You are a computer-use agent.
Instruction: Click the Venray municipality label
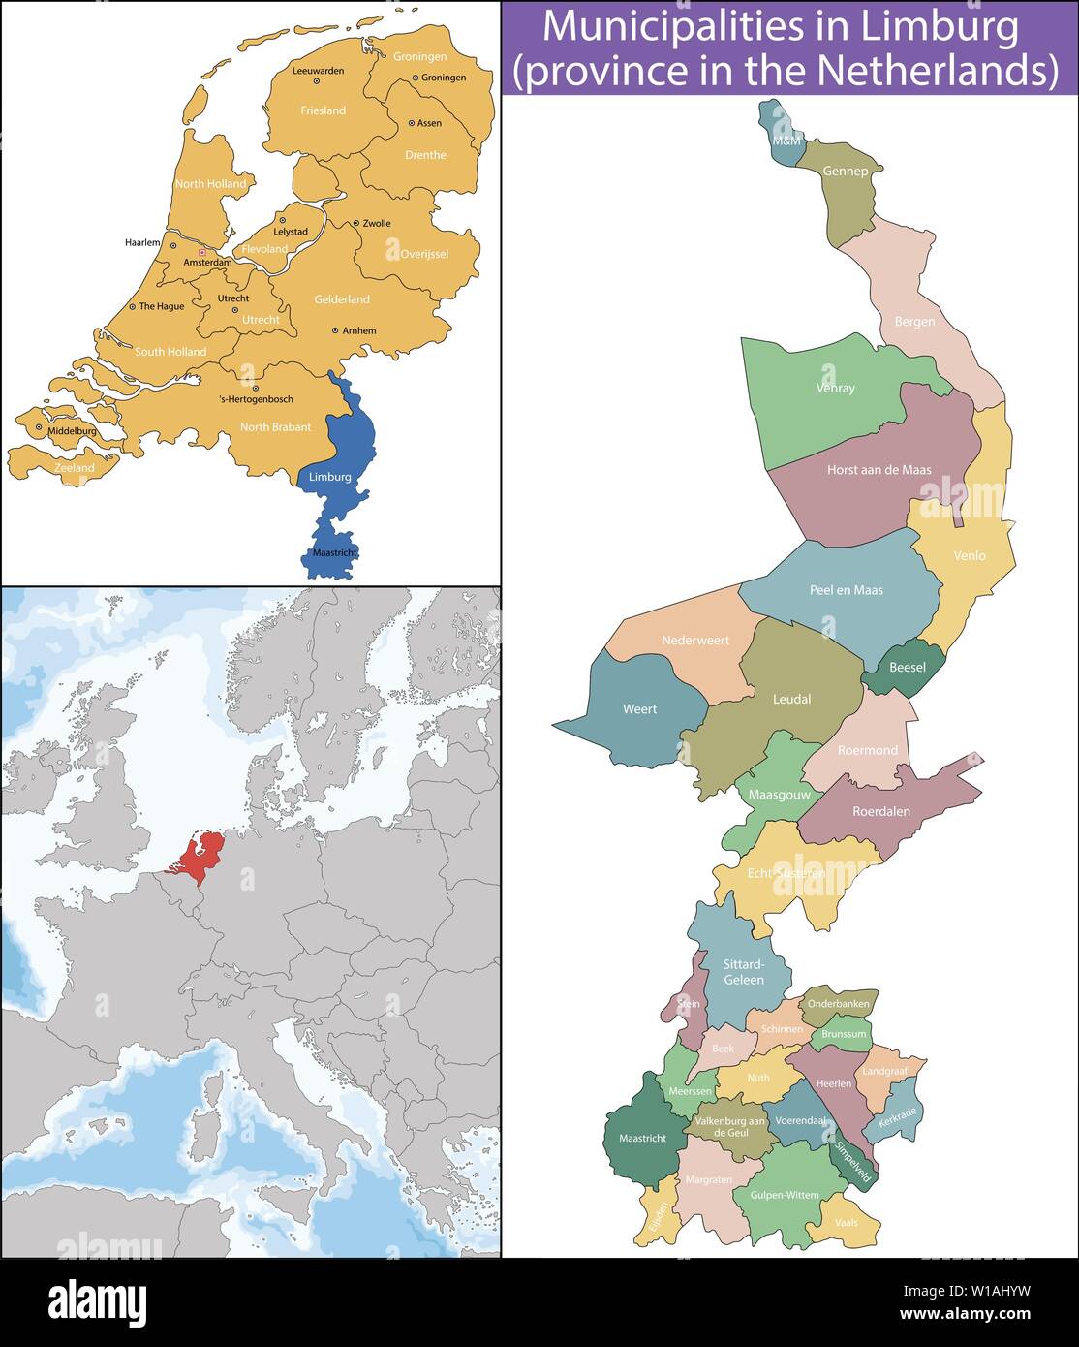[835, 389]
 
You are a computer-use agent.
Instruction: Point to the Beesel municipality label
[907, 668]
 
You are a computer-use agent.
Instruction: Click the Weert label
[639, 709]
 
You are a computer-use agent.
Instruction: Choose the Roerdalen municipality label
[880, 812]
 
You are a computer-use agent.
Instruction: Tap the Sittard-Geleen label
[744, 972]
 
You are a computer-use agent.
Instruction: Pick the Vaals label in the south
[846, 1223]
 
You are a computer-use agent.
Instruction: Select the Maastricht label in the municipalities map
[642, 1139]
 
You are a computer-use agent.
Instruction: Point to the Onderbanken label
[838, 1004]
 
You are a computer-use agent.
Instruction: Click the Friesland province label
[323, 111]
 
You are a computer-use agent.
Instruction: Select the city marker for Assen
[411, 123]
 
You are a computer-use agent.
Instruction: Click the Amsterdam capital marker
[201, 252]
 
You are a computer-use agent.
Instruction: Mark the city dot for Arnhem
[335, 330]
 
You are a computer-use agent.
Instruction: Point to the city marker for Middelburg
[39, 426]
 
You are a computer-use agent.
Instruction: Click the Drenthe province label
[425, 155]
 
